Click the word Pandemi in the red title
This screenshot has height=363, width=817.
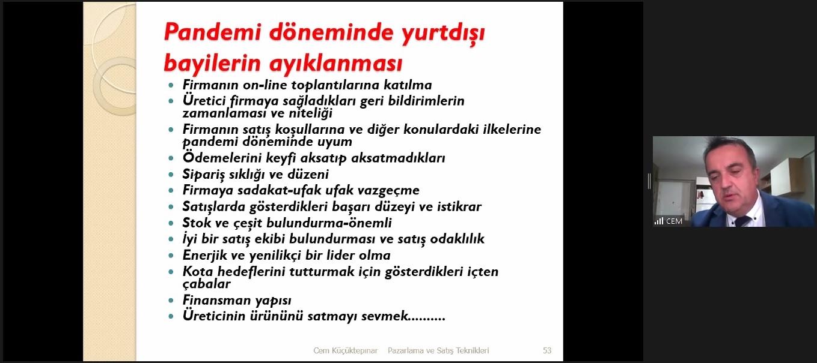pyautogui.click(x=213, y=32)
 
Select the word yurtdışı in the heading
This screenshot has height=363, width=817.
pyautogui.click(x=443, y=34)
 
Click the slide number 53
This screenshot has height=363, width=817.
pyautogui.click(x=546, y=350)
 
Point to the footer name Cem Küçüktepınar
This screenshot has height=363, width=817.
pyautogui.click(x=346, y=350)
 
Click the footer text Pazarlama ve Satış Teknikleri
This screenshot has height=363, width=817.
pyautogui.click(x=438, y=350)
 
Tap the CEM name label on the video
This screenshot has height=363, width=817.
pyautogui.click(x=674, y=221)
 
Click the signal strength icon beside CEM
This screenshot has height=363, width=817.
pyautogui.click(x=659, y=221)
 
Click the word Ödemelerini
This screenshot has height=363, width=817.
pyautogui.click(x=222, y=158)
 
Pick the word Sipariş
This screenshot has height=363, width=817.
pyautogui.click(x=204, y=175)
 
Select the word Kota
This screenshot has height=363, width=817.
pyautogui.click(x=198, y=271)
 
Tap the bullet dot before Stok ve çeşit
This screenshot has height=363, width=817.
pyautogui.click(x=171, y=223)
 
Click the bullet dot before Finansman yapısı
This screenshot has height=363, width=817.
pyautogui.click(x=171, y=301)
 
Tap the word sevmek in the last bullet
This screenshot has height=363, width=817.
pyautogui.click(x=384, y=316)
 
